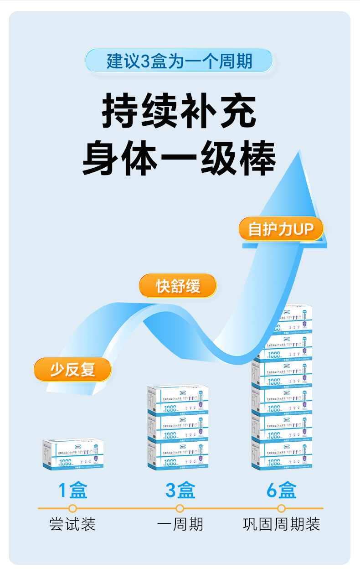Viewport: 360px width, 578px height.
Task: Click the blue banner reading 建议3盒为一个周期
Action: click(x=179, y=61)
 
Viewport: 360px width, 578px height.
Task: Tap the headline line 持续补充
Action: click(x=179, y=111)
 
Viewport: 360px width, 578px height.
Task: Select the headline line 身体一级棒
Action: click(x=179, y=159)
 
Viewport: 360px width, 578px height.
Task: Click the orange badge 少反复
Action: click(x=72, y=369)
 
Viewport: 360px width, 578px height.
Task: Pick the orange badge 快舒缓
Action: click(x=178, y=286)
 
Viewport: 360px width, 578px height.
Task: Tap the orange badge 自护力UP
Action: click(x=281, y=229)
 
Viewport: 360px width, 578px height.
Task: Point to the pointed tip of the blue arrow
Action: click(x=300, y=152)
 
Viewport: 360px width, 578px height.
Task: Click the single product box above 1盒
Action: click(x=73, y=454)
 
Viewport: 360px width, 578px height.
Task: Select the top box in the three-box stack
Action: click(x=178, y=400)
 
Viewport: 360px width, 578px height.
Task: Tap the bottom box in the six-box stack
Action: click(x=282, y=454)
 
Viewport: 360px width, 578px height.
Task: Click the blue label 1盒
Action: click(x=73, y=490)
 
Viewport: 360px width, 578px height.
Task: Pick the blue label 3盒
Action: click(x=180, y=490)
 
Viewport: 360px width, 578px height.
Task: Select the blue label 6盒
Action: click(x=282, y=490)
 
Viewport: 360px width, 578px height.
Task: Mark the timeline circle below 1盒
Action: click(x=72, y=508)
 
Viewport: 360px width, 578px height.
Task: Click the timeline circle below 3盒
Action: click(x=180, y=508)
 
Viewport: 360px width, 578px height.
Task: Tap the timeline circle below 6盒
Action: click(x=282, y=508)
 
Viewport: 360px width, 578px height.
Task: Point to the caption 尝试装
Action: click(x=72, y=524)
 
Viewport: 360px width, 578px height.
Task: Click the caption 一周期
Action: click(x=180, y=524)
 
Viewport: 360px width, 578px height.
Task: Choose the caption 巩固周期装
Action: click(x=282, y=524)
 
